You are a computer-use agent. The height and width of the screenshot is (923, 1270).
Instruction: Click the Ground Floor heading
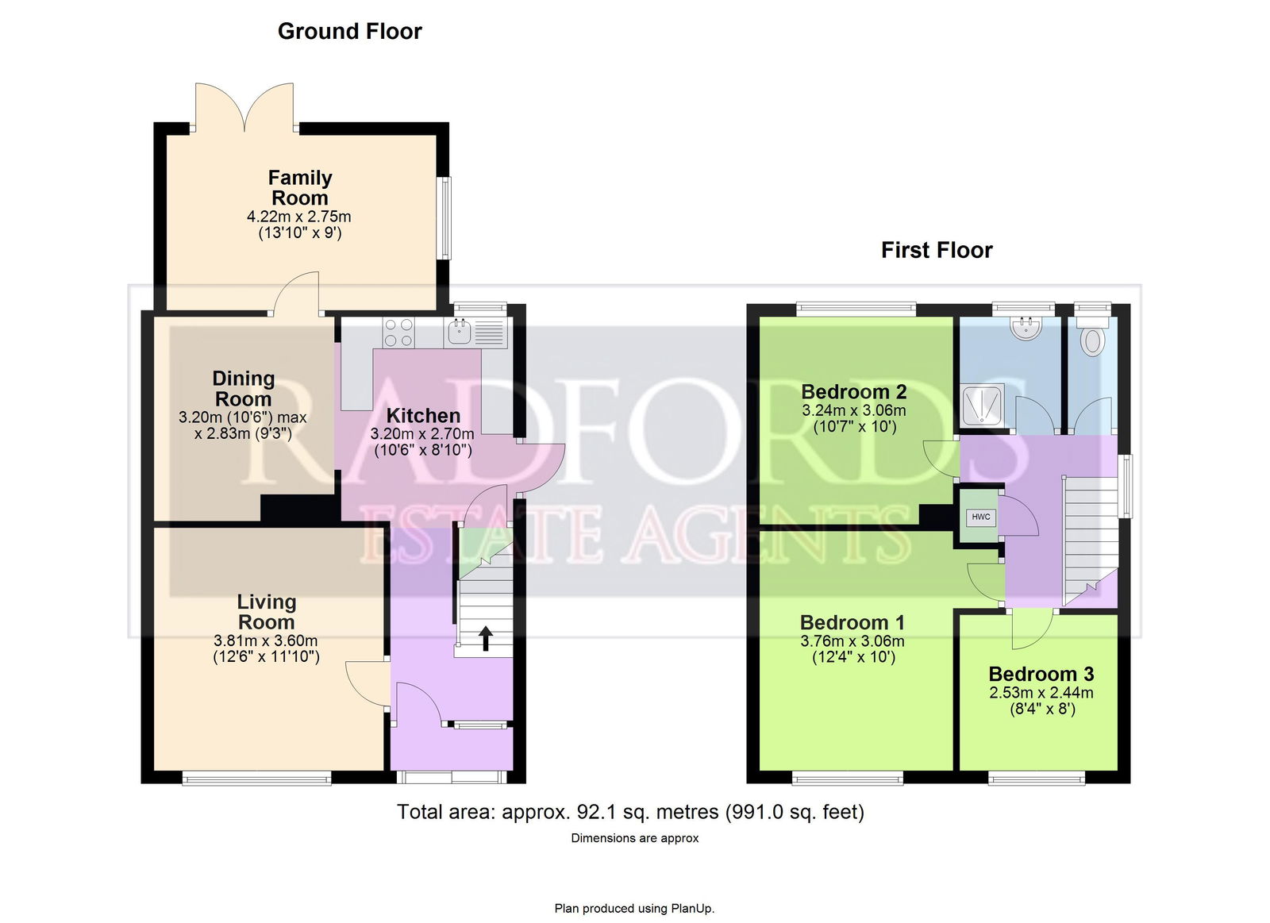[x=350, y=32]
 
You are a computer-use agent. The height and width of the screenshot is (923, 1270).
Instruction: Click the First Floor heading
[x=937, y=250]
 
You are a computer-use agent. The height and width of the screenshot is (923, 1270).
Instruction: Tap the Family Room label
[x=300, y=187]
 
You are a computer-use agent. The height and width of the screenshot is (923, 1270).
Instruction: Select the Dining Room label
[x=243, y=388]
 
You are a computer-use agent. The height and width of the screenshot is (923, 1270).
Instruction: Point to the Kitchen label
[x=423, y=416]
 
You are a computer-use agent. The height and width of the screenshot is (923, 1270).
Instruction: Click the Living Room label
[x=267, y=612]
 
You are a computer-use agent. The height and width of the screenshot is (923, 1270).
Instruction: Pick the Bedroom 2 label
[x=854, y=392]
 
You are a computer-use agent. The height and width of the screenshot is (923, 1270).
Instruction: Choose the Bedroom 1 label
[x=852, y=622]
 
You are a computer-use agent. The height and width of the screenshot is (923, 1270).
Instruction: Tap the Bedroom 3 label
[x=1041, y=674]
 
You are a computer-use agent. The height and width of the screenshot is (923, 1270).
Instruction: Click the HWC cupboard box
[x=981, y=517]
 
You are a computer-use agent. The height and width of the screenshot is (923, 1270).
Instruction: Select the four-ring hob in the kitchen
[x=398, y=333]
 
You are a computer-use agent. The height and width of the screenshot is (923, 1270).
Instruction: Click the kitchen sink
[x=460, y=332]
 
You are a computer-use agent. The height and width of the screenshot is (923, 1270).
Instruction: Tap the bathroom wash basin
[x=1027, y=328]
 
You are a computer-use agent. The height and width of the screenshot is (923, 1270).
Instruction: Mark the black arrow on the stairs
[x=485, y=638]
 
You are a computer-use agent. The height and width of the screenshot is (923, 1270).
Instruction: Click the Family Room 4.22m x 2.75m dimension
[x=298, y=217]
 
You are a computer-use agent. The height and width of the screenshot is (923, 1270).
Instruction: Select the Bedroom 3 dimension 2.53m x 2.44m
[x=1041, y=692]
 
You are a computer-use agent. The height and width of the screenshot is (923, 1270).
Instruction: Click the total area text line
[x=630, y=812]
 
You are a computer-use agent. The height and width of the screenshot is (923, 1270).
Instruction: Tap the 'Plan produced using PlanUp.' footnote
[x=634, y=908]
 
